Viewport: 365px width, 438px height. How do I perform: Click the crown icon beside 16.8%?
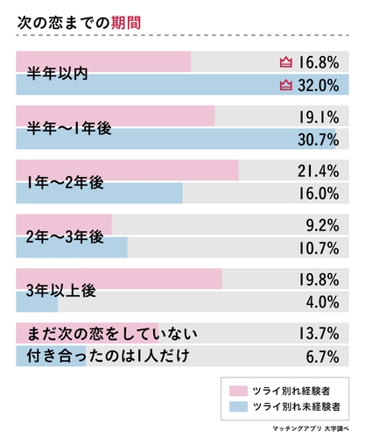click(284, 62)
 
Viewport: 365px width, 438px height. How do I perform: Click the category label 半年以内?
click(60, 74)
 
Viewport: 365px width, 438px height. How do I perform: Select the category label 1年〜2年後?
click(66, 182)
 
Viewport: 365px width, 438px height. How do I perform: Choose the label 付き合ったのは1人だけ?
click(108, 357)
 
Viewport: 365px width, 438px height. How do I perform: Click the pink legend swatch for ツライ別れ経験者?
click(237, 391)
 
